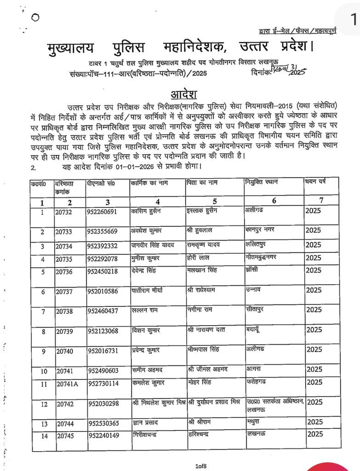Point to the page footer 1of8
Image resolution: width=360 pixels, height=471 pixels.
coord(200,466)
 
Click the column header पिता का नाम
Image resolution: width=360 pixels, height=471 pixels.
coord(201,183)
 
